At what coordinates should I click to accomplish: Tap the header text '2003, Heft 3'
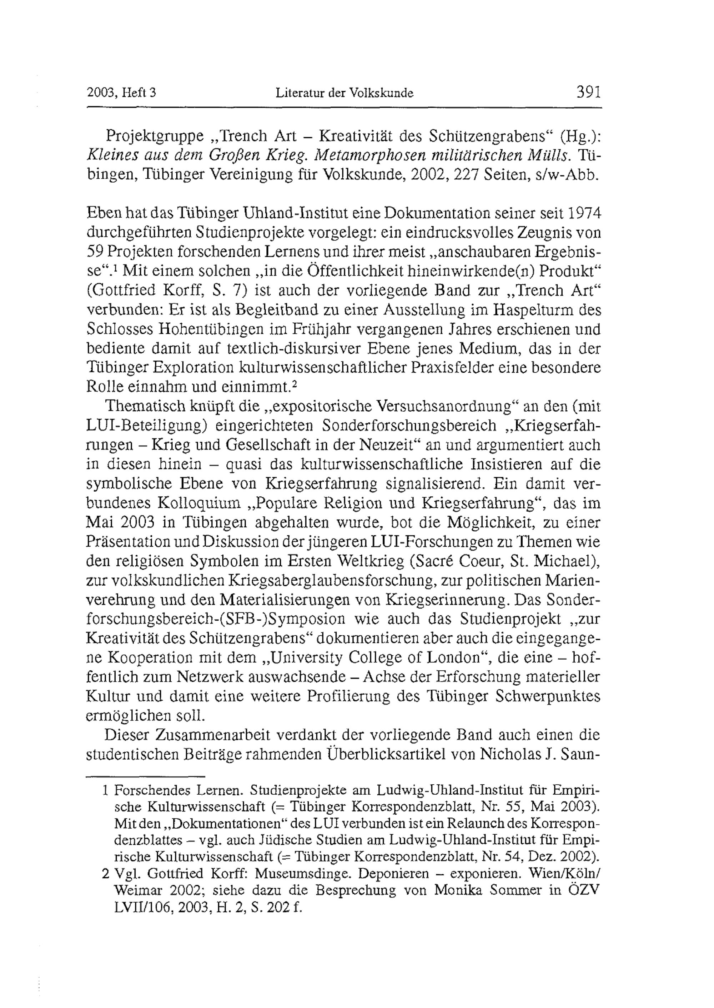pyautogui.click(x=122, y=93)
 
